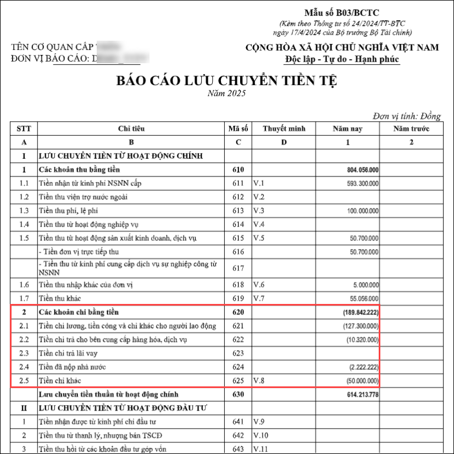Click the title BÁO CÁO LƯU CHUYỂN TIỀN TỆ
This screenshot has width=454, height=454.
226,81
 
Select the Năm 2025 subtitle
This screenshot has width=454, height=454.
226,93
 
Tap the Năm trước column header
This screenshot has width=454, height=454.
412,129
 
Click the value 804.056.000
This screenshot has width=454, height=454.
363,170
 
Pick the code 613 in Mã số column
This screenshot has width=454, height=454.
238,211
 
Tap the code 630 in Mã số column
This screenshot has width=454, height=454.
238,395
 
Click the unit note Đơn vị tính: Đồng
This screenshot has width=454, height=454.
406,117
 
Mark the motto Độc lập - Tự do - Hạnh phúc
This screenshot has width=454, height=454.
342,59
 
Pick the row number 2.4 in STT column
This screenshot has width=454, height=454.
24,367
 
